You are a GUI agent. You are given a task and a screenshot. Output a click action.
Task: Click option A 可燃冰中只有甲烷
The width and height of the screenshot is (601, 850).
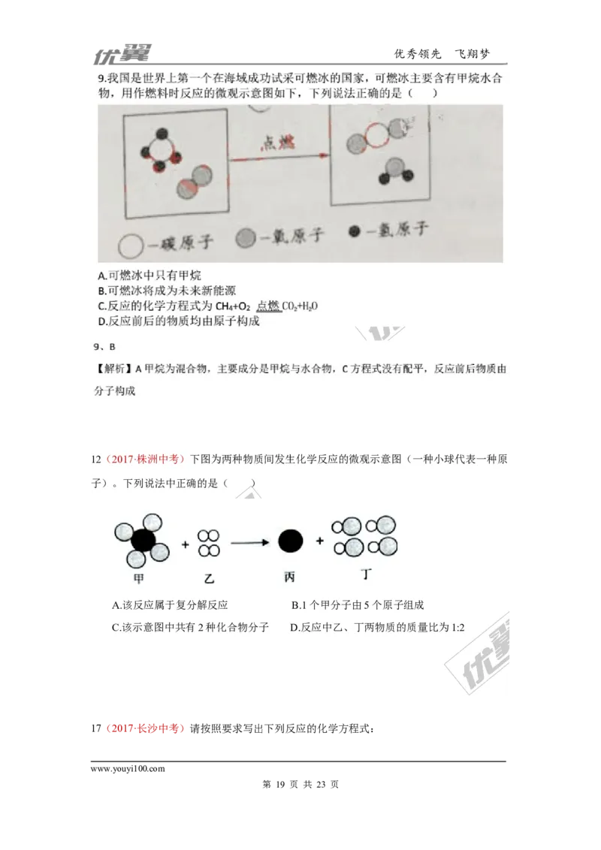(149, 276)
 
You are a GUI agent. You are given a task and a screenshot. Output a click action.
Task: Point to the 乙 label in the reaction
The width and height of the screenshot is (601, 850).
(208, 578)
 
